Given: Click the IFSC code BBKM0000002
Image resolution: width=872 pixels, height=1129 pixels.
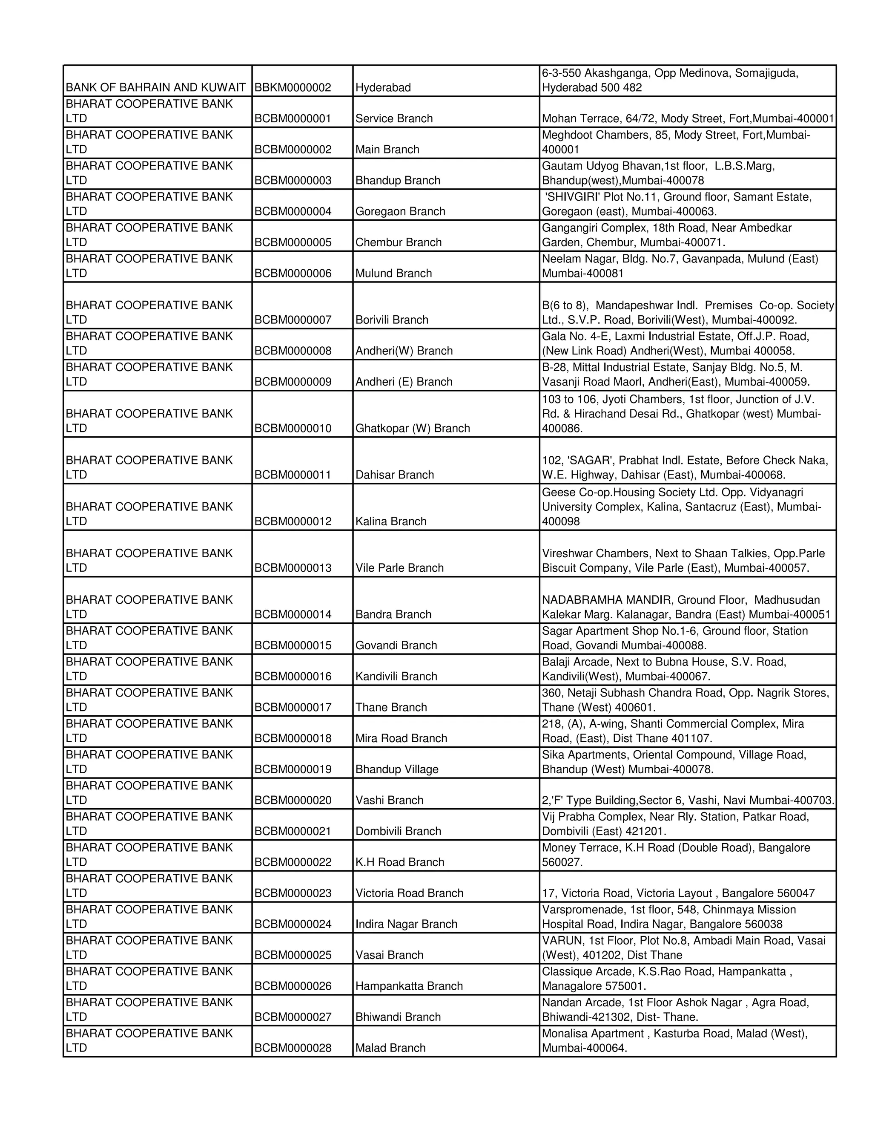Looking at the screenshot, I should [x=293, y=87].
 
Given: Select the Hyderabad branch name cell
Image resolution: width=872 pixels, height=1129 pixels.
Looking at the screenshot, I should [x=383, y=87].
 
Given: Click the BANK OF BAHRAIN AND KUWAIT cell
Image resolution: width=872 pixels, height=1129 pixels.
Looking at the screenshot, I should [x=155, y=87].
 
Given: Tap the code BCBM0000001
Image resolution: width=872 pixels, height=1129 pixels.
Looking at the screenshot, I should [x=293, y=118].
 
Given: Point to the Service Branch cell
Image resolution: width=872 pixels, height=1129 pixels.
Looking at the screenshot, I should [x=394, y=118].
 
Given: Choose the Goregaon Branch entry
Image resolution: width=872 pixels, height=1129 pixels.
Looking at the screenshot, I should [x=400, y=211].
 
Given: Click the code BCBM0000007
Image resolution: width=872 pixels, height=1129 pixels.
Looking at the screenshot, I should [x=293, y=320].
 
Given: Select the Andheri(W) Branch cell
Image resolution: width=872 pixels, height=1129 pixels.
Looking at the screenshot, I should [x=404, y=351].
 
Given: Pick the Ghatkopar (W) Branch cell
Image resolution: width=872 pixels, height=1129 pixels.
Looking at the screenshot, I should [x=412, y=428].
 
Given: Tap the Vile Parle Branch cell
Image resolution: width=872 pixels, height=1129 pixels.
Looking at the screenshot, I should [x=399, y=567].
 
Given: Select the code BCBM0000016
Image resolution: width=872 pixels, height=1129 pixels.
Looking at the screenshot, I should [x=293, y=676].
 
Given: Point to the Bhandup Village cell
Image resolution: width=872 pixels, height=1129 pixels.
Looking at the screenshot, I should [x=396, y=769].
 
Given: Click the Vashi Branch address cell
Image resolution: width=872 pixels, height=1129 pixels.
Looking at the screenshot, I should [x=688, y=800].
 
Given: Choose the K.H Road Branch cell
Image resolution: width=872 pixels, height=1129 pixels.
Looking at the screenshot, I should [x=399, y=862].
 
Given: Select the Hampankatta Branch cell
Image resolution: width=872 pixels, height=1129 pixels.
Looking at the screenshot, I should [x=409, y=986].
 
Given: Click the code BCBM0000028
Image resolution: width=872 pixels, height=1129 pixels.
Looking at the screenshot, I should [x=293, y=1048].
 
